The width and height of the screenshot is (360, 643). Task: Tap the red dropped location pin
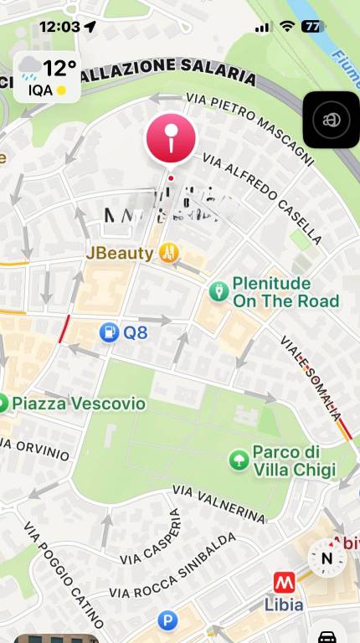[x=171, y=139]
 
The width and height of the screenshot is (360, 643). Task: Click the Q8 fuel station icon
[x=109, y=333]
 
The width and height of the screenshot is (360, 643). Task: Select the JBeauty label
[x=120, y=252]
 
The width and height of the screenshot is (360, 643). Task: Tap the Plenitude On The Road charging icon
[x=219, y=291]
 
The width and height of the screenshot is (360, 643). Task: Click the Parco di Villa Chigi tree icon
[x=239, y=459]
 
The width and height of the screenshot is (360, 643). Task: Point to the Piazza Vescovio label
[x=79, y=404]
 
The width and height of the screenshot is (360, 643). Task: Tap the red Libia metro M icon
[x=284, y=581]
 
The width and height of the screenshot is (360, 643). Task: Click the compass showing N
[x=327, y=558]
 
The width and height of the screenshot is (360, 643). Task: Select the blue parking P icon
[x=168, y=620]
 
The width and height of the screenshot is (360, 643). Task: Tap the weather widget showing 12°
[x=47, y=76]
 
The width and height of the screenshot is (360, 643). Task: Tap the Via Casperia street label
[x=152, y=537]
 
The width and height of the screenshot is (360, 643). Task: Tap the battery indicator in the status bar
[x=313, y=26]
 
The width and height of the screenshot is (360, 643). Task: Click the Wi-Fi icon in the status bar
[x=287, y=26]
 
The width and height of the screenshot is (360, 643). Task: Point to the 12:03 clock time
[x=59, y=26]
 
